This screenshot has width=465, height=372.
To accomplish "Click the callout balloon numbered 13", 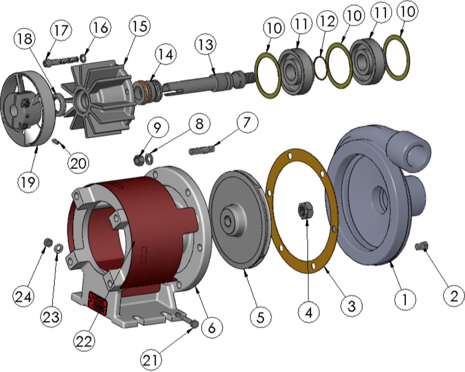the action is (x=205, y=44).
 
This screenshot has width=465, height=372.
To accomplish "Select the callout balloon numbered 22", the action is (x=84, y=341).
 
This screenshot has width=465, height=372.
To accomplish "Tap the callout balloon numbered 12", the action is (x=327, y=21).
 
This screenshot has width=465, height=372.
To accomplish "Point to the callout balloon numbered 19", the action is (x=29, y=182).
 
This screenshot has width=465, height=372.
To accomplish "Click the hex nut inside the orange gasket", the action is (x=306, y=209).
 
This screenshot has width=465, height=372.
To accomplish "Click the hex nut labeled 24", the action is (x=48, y=242).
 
